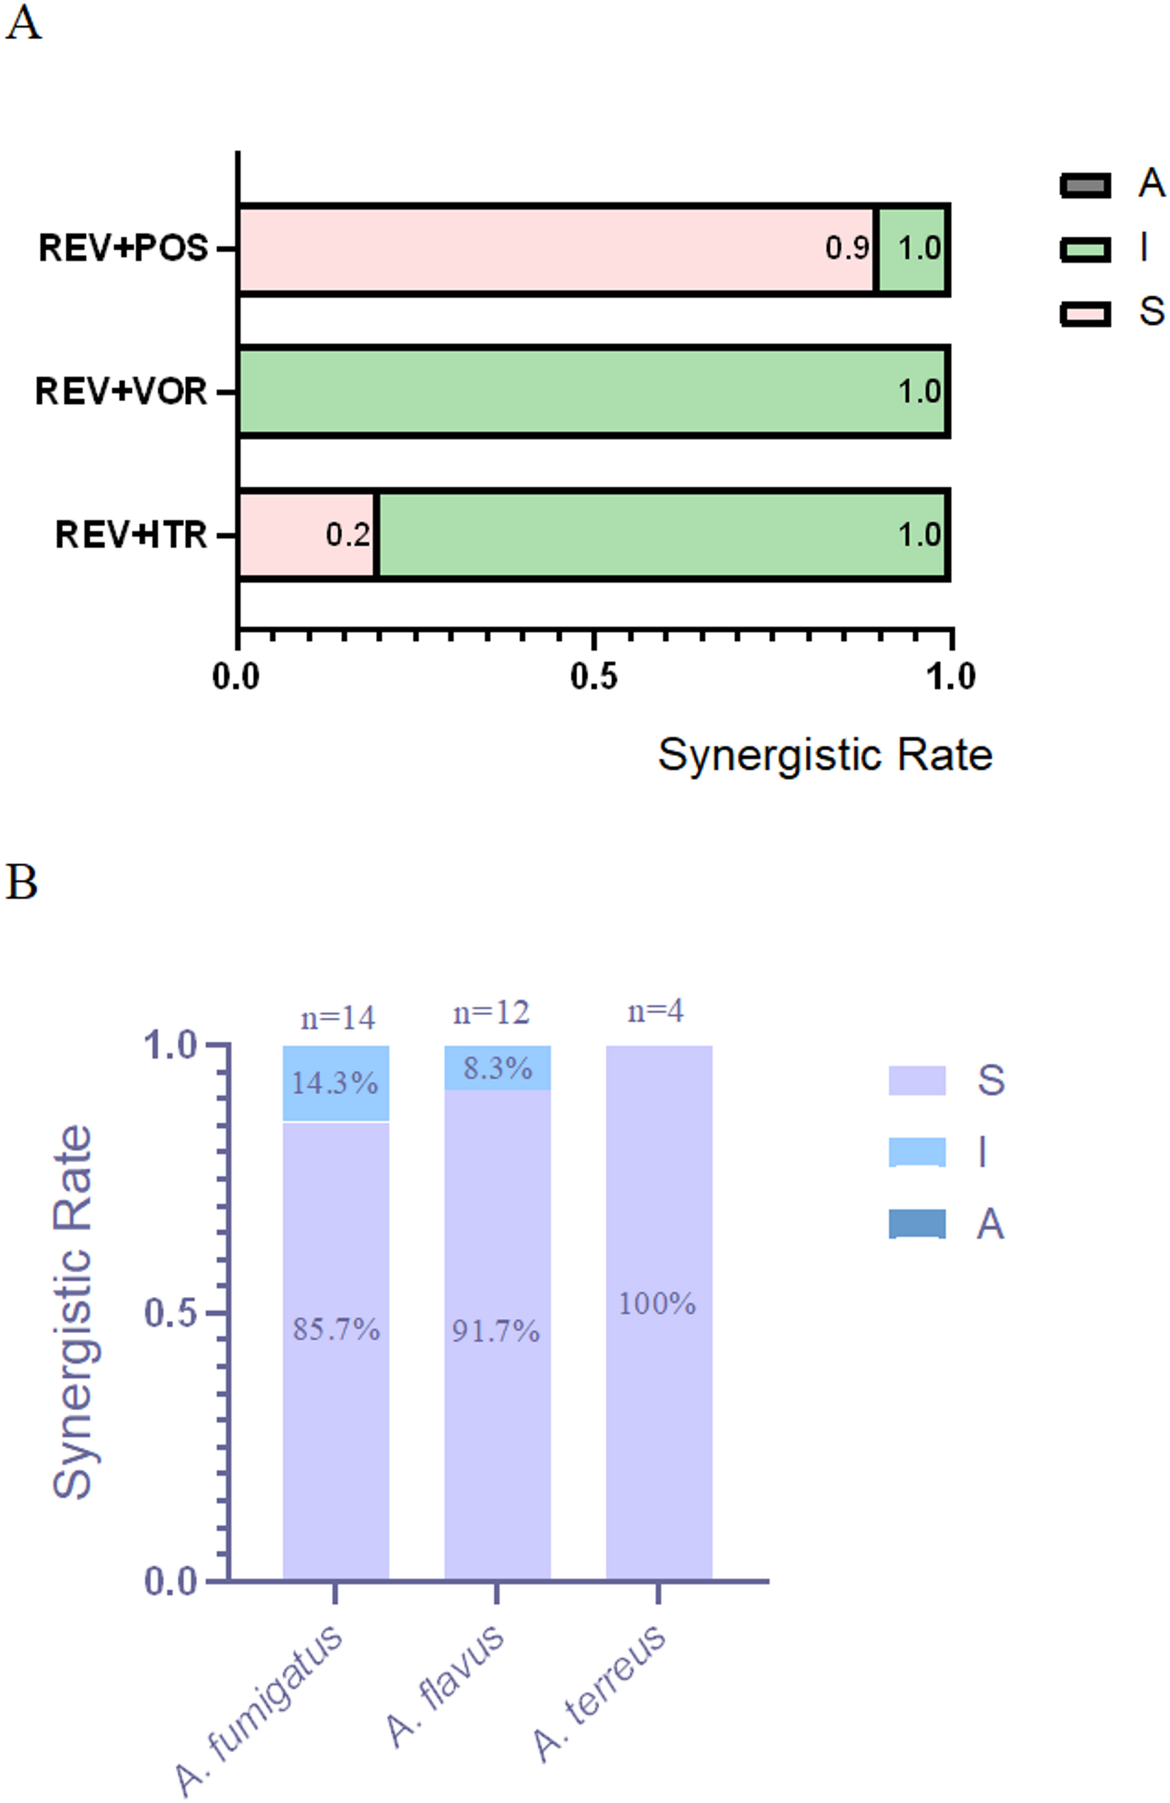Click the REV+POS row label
[x=123, y=248]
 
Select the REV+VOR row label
[x=121, y=392]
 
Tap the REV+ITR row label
[x=131, y=535]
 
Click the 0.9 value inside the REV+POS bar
[x=846, y=248]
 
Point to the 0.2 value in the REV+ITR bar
[x=348, y=535]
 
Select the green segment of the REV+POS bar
[x=912, y=249]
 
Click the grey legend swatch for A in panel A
[x=1084, y=185]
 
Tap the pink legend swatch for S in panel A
[x=1084, y=313]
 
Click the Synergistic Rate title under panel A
[x=824, y=755]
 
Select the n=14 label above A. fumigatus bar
[x=338, y=1017]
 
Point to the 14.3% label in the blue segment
[x=335, y=1083]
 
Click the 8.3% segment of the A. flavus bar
[x=497, y=1068]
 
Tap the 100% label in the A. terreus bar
[x=656, y=1304]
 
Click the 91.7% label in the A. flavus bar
[x=496, y=1331]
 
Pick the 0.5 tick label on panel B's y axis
[x=171, y=1313]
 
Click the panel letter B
[x=21, y=882]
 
